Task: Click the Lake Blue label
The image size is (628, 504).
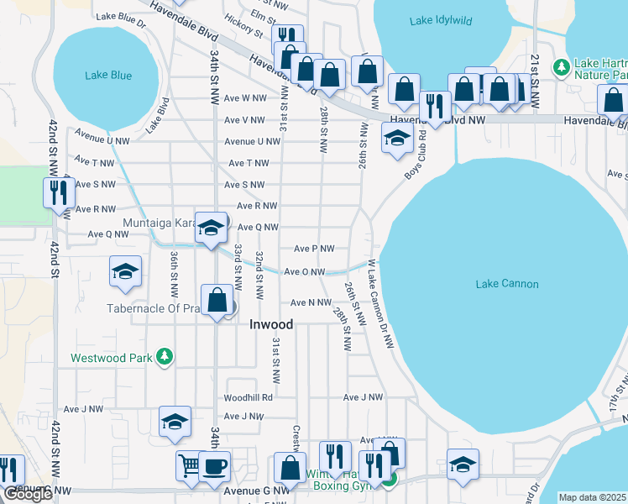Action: (x=108, y=76)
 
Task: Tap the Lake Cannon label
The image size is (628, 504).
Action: (x=506, y=284)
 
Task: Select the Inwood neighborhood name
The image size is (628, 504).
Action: (x=271, y=324)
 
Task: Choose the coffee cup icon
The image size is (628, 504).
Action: (x=214, y=465)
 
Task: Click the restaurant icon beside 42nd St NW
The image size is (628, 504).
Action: (x=59, y=192)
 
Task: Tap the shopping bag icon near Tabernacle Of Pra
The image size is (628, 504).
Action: (x=217, y=300)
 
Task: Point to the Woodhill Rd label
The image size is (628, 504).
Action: (x=249, y=397)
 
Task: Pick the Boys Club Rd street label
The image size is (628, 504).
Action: (x=415, y=153)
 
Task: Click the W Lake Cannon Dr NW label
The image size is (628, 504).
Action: (x=380, y=298)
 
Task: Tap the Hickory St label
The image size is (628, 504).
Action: (x=243, y=28)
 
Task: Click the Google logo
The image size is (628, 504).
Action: (x=28, y=494)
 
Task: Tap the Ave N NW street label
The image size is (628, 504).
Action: (x=311, y=302)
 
